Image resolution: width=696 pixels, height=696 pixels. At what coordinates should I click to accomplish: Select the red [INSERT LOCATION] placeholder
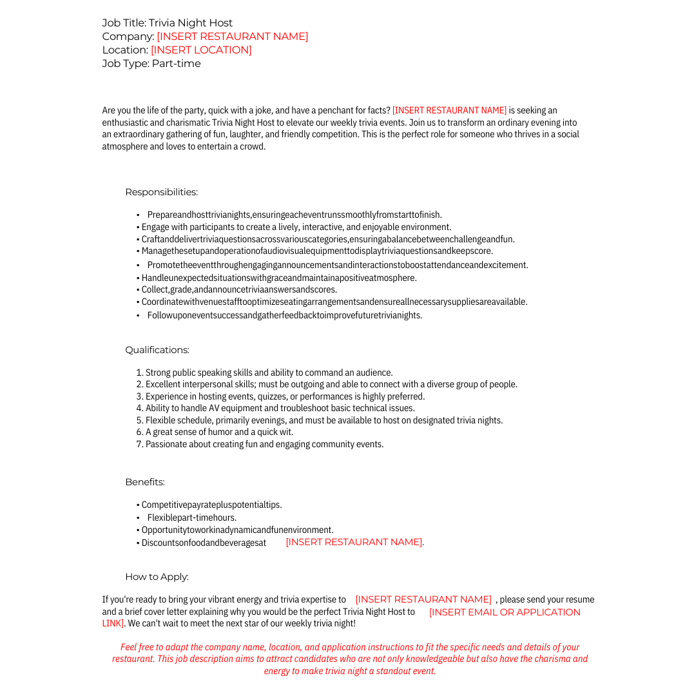point(201,50)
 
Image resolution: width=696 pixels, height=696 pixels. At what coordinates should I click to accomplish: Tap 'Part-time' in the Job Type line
point(176,64)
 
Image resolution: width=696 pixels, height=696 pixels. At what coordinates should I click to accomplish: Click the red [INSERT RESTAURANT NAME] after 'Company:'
point(232,37)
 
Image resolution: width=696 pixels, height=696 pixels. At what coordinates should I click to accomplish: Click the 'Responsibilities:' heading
point(161,192)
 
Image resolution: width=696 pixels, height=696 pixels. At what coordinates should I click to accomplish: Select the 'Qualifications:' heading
point(157,350)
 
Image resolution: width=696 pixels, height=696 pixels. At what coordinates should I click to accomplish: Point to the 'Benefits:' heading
point(145,482)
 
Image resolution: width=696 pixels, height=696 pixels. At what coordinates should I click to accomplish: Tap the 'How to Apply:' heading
point(157,577)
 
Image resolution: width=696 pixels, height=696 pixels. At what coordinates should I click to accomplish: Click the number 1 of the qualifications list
point(139,373)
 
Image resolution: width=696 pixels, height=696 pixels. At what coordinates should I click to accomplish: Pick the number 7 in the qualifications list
point(139,445)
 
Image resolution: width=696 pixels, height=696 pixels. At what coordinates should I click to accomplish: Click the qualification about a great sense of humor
point(219,432)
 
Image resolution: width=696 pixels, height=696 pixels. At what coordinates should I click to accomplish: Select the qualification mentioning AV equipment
point(280,409)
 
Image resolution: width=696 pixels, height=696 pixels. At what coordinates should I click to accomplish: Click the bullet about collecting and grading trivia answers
point(239,290)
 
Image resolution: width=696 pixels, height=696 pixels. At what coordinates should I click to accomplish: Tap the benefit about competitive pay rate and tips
point(211,505)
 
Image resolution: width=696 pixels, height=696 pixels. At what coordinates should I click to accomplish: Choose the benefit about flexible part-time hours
point(191,518)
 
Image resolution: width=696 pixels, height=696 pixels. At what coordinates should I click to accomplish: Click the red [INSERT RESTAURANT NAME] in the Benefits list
point(354,543)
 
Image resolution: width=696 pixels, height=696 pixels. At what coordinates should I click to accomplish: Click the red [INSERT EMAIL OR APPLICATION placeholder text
point(505,612)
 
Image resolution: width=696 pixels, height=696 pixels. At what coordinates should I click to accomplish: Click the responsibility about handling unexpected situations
point(279,278)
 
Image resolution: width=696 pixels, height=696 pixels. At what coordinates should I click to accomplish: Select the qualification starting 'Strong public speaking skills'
point(269,373)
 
